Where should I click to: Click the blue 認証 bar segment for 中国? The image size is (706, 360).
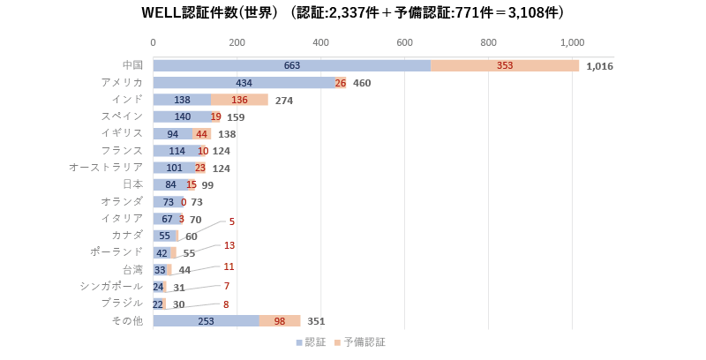point(291,66)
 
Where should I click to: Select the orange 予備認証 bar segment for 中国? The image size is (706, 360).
point(505,66)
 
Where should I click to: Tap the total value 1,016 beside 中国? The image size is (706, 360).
point(599,66)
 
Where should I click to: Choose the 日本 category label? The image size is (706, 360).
point(132,184)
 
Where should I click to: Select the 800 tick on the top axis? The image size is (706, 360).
point(489,42)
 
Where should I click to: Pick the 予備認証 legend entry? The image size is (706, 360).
point(362,341)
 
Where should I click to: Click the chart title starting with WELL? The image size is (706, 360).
point(353,13)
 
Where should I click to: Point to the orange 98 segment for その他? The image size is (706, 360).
point(280,321)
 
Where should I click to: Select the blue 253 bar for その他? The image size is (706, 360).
point(206,321)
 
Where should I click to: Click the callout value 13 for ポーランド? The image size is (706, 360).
point(229,245)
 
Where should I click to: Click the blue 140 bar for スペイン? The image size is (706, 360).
point(182,116)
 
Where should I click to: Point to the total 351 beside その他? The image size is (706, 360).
point(316,321)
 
